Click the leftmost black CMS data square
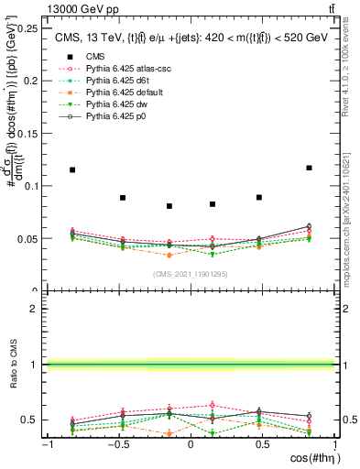click(x=72, y=169)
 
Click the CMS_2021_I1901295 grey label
click(x=190, y=275)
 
